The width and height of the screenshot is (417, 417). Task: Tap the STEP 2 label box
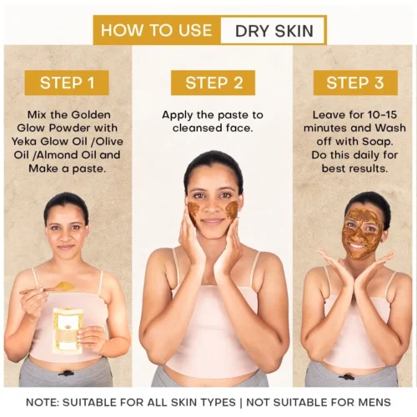click(213, 83)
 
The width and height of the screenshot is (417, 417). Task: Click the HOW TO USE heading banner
click(156, 31)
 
